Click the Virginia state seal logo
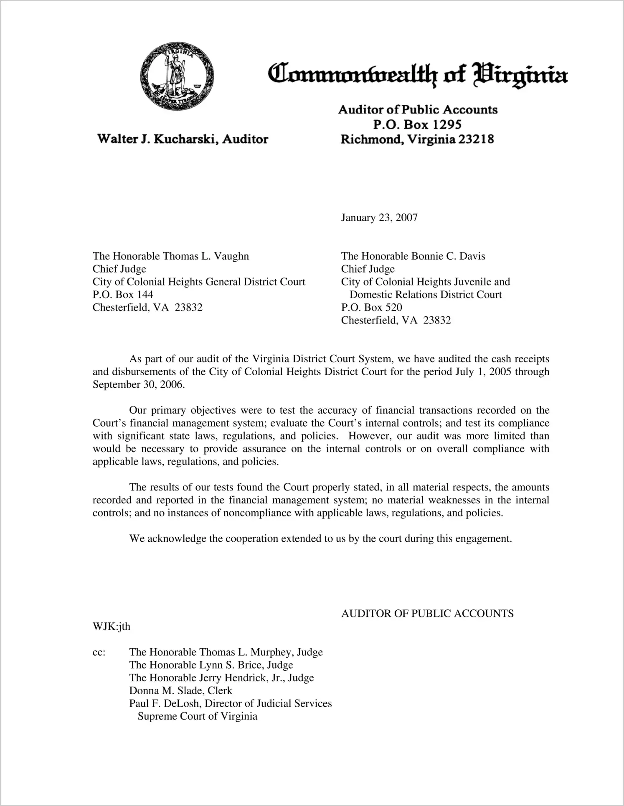[x=177, y=76]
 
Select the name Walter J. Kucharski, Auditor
[x=183, y=139]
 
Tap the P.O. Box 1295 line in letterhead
[x=417, y=124]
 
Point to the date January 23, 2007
[x=379, y=217]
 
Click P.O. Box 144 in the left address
[x=123, y=295]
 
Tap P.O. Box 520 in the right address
[x=371, y=308]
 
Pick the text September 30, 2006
[x=138, y=384]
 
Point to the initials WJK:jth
[x=111, y=626]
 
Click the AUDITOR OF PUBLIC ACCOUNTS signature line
[x=427, y=613]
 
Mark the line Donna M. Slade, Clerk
[x=180, y=691]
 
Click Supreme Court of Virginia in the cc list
[x=197, y=717]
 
